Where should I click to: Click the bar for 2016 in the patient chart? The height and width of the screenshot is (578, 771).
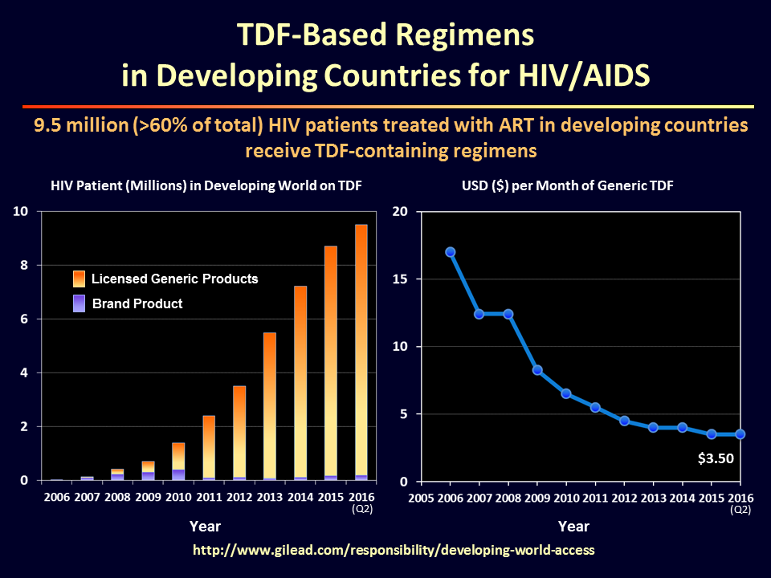pyautogui.click(x=361, y=353)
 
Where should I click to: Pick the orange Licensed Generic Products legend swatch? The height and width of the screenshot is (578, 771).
pyautogui.click(x=79, y=279)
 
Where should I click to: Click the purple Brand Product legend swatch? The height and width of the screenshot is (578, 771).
pyautogui.click(x=79, y=303)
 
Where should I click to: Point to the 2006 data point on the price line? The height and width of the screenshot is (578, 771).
pyautogui.click(x=451, y=252)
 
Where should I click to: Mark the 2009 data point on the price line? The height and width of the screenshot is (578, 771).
pyautogui.click(x=537, y=370)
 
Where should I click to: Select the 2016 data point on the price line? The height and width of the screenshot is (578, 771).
pyautogui.click(x=740, y=434)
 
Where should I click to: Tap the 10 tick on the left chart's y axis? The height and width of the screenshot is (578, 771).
pyautogui.click(x=20, y=211)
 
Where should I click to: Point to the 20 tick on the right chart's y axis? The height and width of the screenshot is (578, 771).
pyautogui.click(x=399, y=211)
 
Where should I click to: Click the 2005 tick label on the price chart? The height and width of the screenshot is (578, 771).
pyautogui.click(x=422, y=498)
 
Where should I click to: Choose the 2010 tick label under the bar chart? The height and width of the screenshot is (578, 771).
pyautogui.click(x=179, y=498)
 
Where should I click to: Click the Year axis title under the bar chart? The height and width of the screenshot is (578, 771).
pyautogui.click(x=205, y=527)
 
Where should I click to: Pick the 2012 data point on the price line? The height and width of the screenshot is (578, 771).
pyautogui.click(x=624, y=421)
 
